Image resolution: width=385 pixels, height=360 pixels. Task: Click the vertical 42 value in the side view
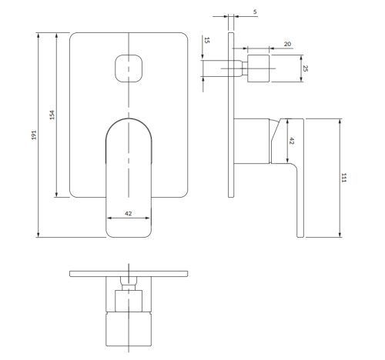(x=291, y=141)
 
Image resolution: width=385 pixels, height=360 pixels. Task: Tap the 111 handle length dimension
(x=344, y=178)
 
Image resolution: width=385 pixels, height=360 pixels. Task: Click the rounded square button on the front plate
(x=128, y=68)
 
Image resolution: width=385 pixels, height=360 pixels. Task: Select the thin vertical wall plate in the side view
(x=230, y=115)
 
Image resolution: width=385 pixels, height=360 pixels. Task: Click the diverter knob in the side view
(x=258, y=68)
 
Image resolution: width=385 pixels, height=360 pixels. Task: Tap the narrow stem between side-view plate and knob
(x=239, y=68)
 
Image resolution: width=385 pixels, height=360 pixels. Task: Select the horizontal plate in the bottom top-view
(x=128, y=273)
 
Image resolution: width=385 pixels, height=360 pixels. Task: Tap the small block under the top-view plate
(x=128, y=300)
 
